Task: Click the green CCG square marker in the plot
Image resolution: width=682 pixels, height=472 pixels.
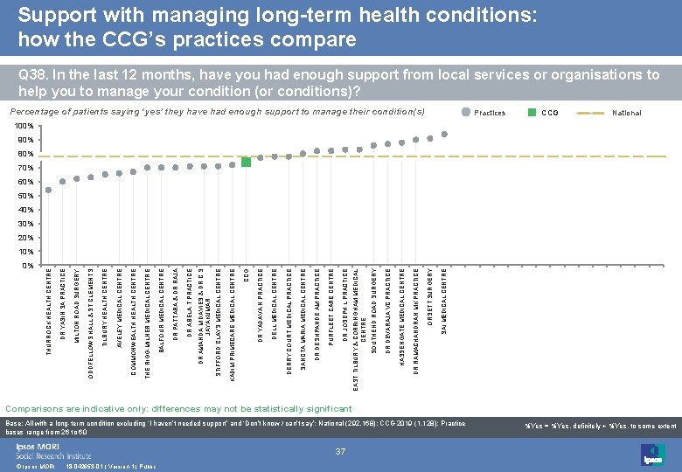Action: [x=247, y=162]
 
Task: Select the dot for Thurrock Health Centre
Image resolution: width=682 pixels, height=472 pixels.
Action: [x=49, y=190]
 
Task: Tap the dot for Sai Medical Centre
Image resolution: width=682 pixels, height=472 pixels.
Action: [x=444, y=134]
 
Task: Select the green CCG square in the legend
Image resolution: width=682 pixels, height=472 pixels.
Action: [x=532, y=113]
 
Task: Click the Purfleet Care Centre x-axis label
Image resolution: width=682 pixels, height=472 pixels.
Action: [x=331, y=306]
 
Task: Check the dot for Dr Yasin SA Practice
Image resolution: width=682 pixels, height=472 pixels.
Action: [x=63, y=181]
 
